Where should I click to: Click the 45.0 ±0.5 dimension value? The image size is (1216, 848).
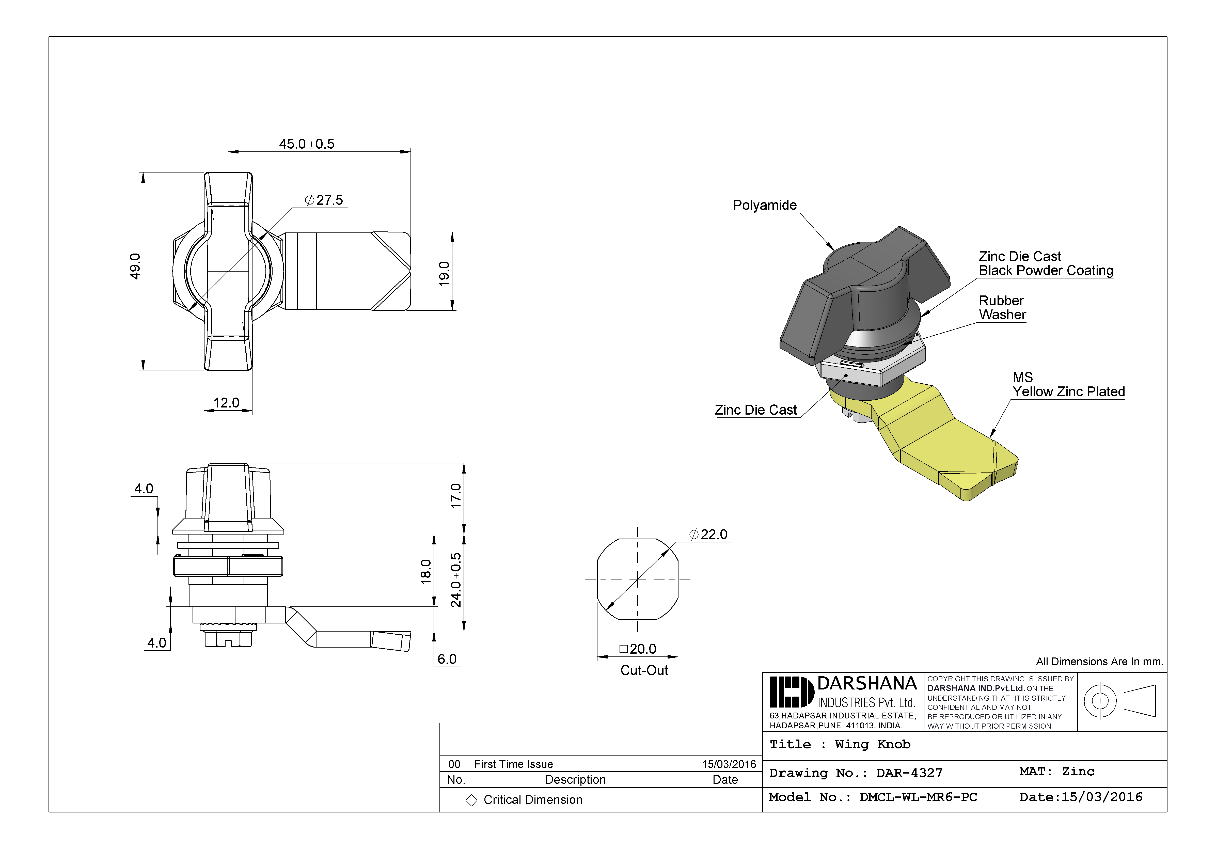click(307, 144)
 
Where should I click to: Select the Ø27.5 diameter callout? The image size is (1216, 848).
click(324, 200)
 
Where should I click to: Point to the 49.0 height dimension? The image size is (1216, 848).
click(136, 266)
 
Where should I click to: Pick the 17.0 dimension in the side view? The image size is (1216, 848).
click(455, 496)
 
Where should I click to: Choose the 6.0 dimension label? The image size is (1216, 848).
click(447, 659)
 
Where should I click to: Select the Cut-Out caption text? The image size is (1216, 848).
click(644, 671)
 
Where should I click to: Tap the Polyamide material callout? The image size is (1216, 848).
click(765, 206)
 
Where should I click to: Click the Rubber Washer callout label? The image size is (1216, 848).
click(1002, 308)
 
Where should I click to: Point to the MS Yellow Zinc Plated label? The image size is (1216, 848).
click(1068, 385)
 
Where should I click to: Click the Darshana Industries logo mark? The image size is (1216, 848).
click(791, 692)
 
